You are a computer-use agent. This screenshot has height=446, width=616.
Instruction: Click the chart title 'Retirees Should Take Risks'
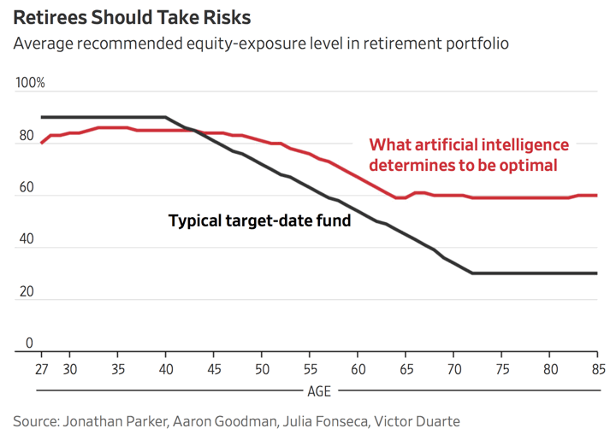(x=132, y=17)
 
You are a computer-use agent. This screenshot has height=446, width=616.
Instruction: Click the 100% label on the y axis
(x=31, y=83)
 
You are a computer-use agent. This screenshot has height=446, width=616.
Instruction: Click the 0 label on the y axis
(x=28, y=343)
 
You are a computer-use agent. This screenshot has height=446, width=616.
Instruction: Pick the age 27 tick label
(x=42, y=370)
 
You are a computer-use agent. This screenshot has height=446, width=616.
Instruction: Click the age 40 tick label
(x=165, y=370)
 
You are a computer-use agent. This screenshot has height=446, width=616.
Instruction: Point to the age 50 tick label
(x=261, y=370)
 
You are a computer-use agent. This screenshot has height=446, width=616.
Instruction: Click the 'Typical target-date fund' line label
(x=259, y=220)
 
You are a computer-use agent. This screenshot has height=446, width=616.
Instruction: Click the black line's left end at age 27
(x=42, y=117)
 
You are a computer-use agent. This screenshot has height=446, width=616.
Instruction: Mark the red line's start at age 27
(x=42, y=143)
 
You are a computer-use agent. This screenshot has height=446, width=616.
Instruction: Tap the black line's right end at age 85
(x=596, y=273)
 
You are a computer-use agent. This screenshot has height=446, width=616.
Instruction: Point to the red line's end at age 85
(x=596, y=195)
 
